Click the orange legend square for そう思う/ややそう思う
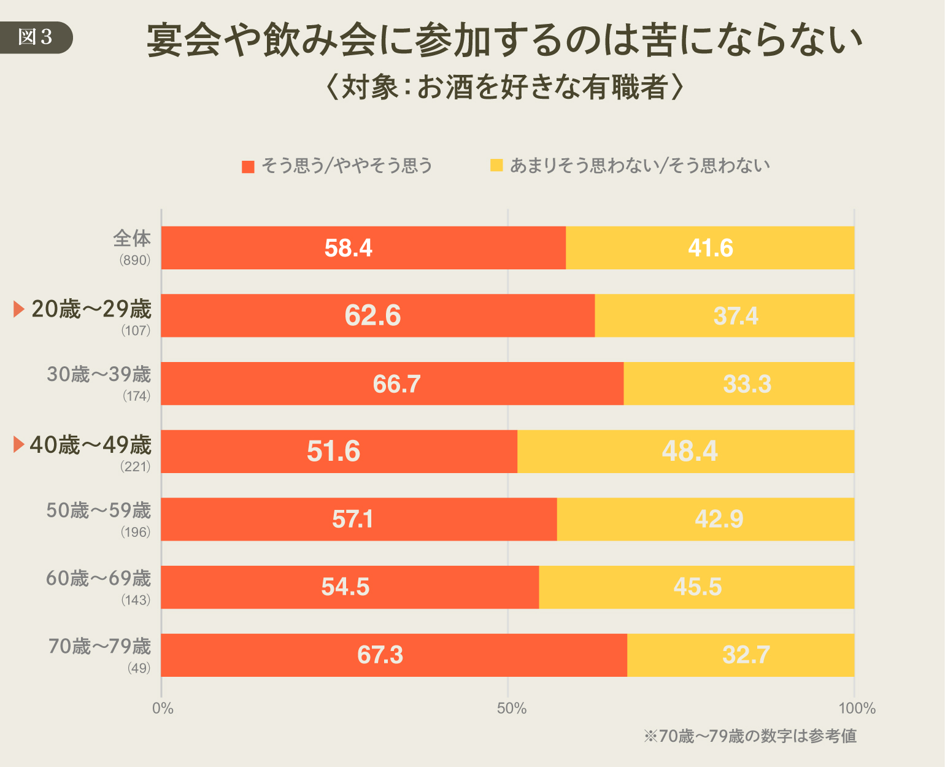[248, 166]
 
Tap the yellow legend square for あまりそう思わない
[496, 165]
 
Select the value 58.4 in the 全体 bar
[348, 248]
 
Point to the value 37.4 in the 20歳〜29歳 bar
[735, 316]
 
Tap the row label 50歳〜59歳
[99, 511]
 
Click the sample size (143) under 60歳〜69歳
[136, 600]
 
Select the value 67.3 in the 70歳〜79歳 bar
[380, 655]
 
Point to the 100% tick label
[857, 709]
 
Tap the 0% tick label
[163, 709]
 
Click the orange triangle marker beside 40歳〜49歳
[18, 445]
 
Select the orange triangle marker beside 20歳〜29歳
[18, 309]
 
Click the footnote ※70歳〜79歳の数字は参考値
[750, 736]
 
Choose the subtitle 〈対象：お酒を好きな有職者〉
[504, 87]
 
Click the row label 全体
[132, 238]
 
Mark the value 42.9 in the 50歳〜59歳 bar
[719, 519]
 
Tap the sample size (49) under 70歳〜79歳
[139, 668]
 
